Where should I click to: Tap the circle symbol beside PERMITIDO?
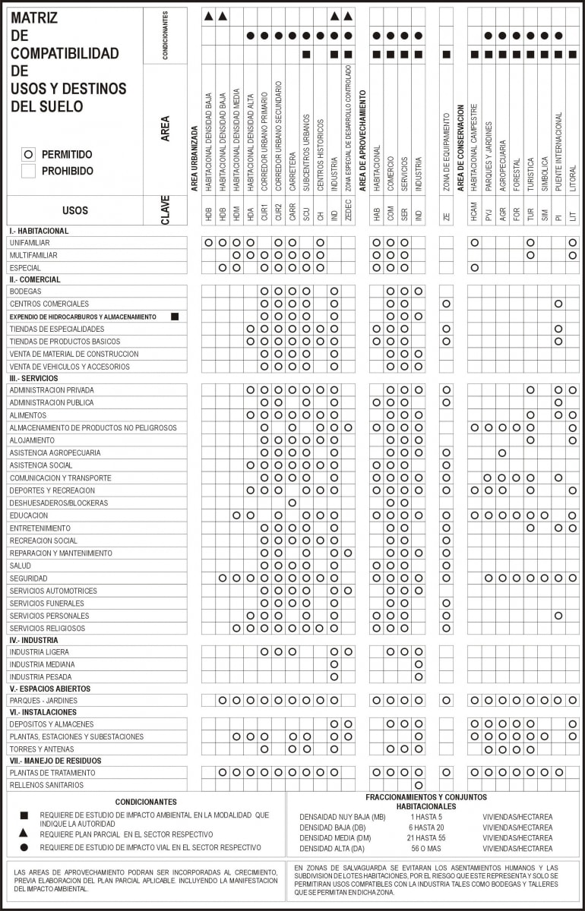coord(29,154)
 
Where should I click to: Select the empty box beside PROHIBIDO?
coord(29,172)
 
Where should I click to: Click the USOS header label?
coord(74,210)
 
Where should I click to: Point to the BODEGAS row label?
coord(25,291)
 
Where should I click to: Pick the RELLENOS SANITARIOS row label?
coord(46,785)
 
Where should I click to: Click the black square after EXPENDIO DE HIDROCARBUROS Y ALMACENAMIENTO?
coord(175,317)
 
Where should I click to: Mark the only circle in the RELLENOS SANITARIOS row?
coord(418,785)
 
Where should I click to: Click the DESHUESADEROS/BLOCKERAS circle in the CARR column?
coord(292,503)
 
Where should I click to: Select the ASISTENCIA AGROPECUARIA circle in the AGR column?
coord(502,452)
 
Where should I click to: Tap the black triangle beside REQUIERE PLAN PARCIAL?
coord(24,834)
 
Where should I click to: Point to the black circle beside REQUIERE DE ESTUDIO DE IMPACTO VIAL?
coord(24,846)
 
